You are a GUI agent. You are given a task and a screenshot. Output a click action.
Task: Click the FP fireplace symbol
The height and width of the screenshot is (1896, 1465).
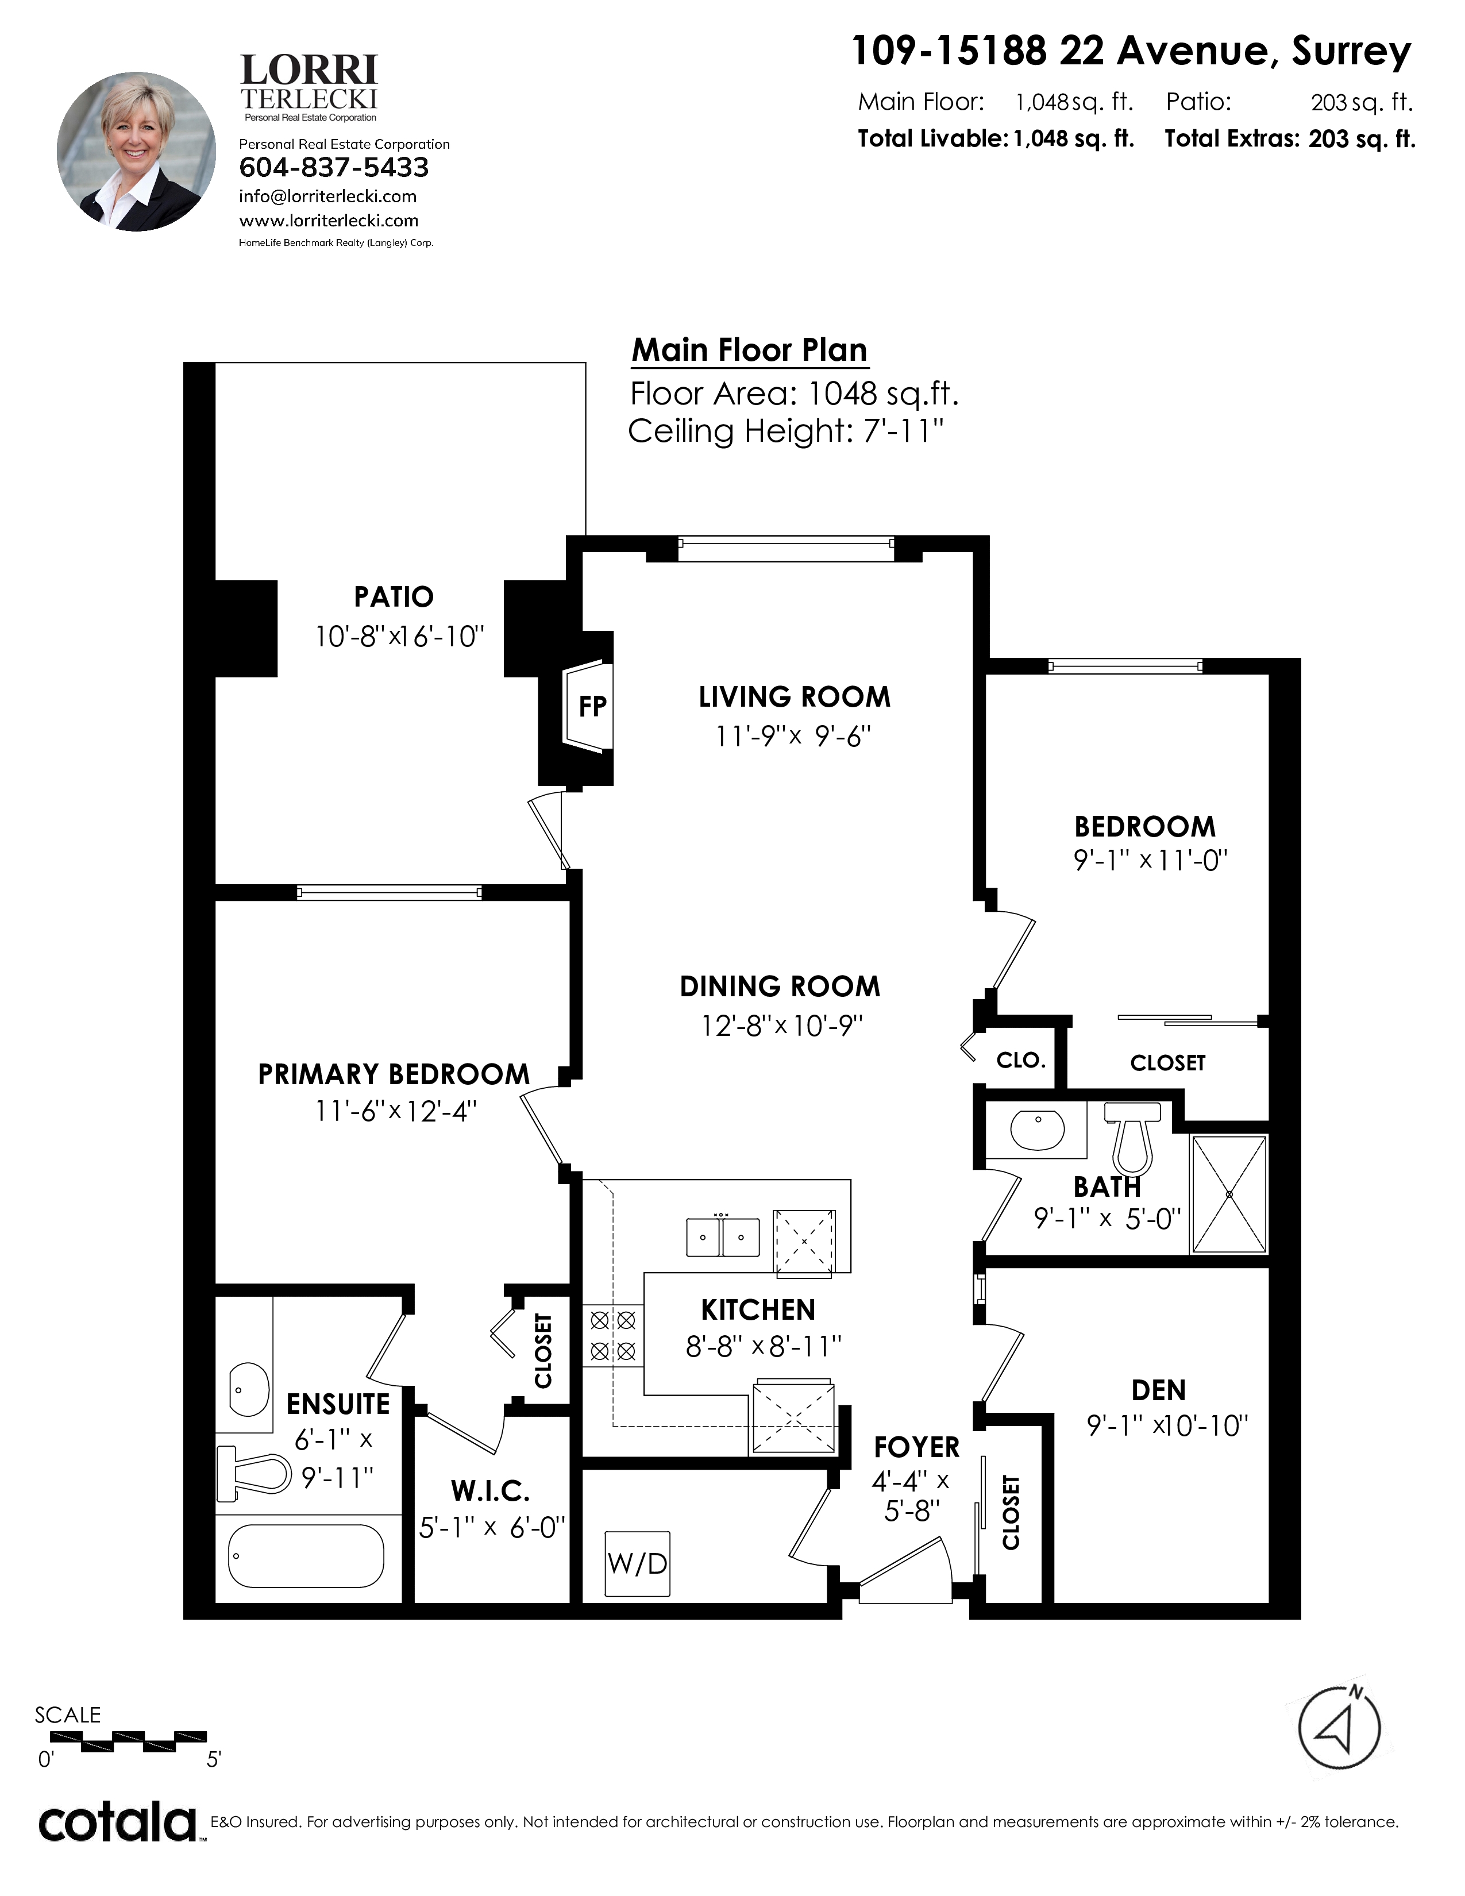pos(588,706)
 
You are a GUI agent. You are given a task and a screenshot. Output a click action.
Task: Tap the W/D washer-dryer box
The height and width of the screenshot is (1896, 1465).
pos(637,1563)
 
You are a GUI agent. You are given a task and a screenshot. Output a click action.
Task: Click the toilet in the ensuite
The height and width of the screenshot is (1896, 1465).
pos(253,1473)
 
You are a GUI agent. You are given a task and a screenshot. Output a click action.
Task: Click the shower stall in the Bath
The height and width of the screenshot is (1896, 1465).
pos(1229,1194)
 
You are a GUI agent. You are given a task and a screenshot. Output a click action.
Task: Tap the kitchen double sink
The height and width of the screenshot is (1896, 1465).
pos(723,1236)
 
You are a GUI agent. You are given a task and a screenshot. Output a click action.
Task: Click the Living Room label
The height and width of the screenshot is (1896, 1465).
pos(794,697)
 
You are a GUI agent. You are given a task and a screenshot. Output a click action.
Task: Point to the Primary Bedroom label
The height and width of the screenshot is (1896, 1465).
pos(393,1074)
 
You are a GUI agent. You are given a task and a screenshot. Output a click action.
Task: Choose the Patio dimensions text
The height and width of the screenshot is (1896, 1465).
pos(398,637)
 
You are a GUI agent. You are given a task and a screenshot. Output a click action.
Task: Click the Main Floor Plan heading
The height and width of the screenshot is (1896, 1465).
pos(750,350)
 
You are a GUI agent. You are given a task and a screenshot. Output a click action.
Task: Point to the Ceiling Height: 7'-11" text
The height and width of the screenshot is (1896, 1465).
pos(785,430)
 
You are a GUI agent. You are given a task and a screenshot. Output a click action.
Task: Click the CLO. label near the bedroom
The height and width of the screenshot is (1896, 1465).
pos(1021,1060)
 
